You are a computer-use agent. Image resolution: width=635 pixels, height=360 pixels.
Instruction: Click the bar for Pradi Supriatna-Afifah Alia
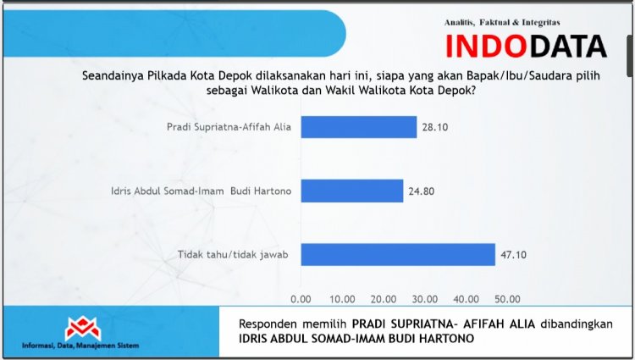pos(359,127)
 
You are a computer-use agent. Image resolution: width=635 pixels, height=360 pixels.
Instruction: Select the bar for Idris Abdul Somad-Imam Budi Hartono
pos(352,191)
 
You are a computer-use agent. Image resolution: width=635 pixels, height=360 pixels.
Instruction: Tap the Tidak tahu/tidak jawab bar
pos(398,254)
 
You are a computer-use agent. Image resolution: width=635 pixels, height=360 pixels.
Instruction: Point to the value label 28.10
pos(435,127)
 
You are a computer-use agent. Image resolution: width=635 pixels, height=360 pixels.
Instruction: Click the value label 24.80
pos(421,191)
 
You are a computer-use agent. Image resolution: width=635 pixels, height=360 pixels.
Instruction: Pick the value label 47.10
pos(514,255)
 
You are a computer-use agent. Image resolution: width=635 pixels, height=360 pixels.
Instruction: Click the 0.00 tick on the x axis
pos(301,299)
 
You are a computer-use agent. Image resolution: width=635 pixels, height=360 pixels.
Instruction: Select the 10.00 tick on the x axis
pos(342,299)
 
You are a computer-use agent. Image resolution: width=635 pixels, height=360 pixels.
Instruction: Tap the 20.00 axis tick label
pos(384,299)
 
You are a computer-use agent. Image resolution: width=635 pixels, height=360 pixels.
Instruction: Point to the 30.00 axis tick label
pos(425,299)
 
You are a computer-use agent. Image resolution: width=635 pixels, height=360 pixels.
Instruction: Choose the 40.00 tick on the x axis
pos(467,299)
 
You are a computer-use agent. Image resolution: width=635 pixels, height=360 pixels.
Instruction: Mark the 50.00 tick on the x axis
pos(507,299)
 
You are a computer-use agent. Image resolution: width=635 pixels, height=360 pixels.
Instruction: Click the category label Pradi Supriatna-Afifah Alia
pos(229,127)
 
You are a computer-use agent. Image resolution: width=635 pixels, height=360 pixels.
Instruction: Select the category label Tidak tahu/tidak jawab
pos(233,255)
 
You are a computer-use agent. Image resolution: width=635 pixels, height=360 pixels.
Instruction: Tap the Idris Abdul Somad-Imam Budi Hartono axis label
pos(202,191)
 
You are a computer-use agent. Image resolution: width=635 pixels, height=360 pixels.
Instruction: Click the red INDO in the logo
pos(486,46)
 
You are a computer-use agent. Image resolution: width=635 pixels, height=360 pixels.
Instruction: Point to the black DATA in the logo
pos(568,46)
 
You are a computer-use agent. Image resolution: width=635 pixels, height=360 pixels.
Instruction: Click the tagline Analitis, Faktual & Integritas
pos(502,23)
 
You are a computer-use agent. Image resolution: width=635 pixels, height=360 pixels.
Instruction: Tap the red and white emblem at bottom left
pos(83,328)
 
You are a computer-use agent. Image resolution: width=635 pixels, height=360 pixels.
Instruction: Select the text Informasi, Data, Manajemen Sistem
pos(80,346)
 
